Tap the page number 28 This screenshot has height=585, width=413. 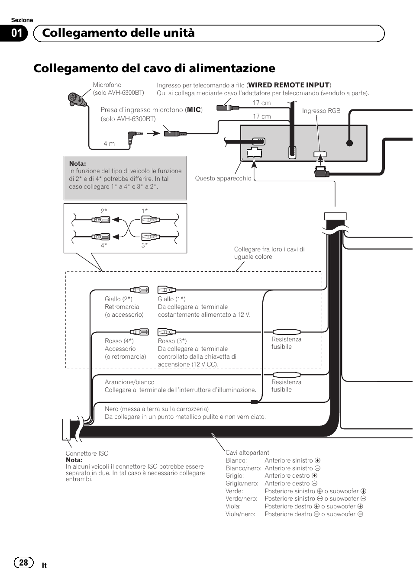(x=23, y=562)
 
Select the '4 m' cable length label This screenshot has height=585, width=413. (x=109, y=144)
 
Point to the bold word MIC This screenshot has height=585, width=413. (x=194, y=110)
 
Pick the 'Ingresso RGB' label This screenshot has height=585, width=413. (x=321, y=111)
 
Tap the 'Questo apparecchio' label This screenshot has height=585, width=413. (x=223, y=178)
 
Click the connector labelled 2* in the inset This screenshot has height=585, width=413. (x=101, y=220)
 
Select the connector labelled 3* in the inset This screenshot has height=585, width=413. (x=150, y=237)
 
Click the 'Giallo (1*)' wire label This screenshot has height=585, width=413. (x=171, y=299)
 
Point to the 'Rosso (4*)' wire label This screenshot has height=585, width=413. (x=119, y=341)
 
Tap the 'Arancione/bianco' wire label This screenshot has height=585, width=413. (x=129, y=382)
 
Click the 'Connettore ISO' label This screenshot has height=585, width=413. (x=87, y=453)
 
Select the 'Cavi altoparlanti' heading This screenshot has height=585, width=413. (x=248, y=453)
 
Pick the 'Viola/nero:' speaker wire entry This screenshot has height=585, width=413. (x=240, y=514)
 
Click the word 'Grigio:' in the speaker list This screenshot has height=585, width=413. (x=235, y=476)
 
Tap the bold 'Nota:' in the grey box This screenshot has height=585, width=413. (x=77, y=164)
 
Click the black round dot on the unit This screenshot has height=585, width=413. (x=349, y=143)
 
